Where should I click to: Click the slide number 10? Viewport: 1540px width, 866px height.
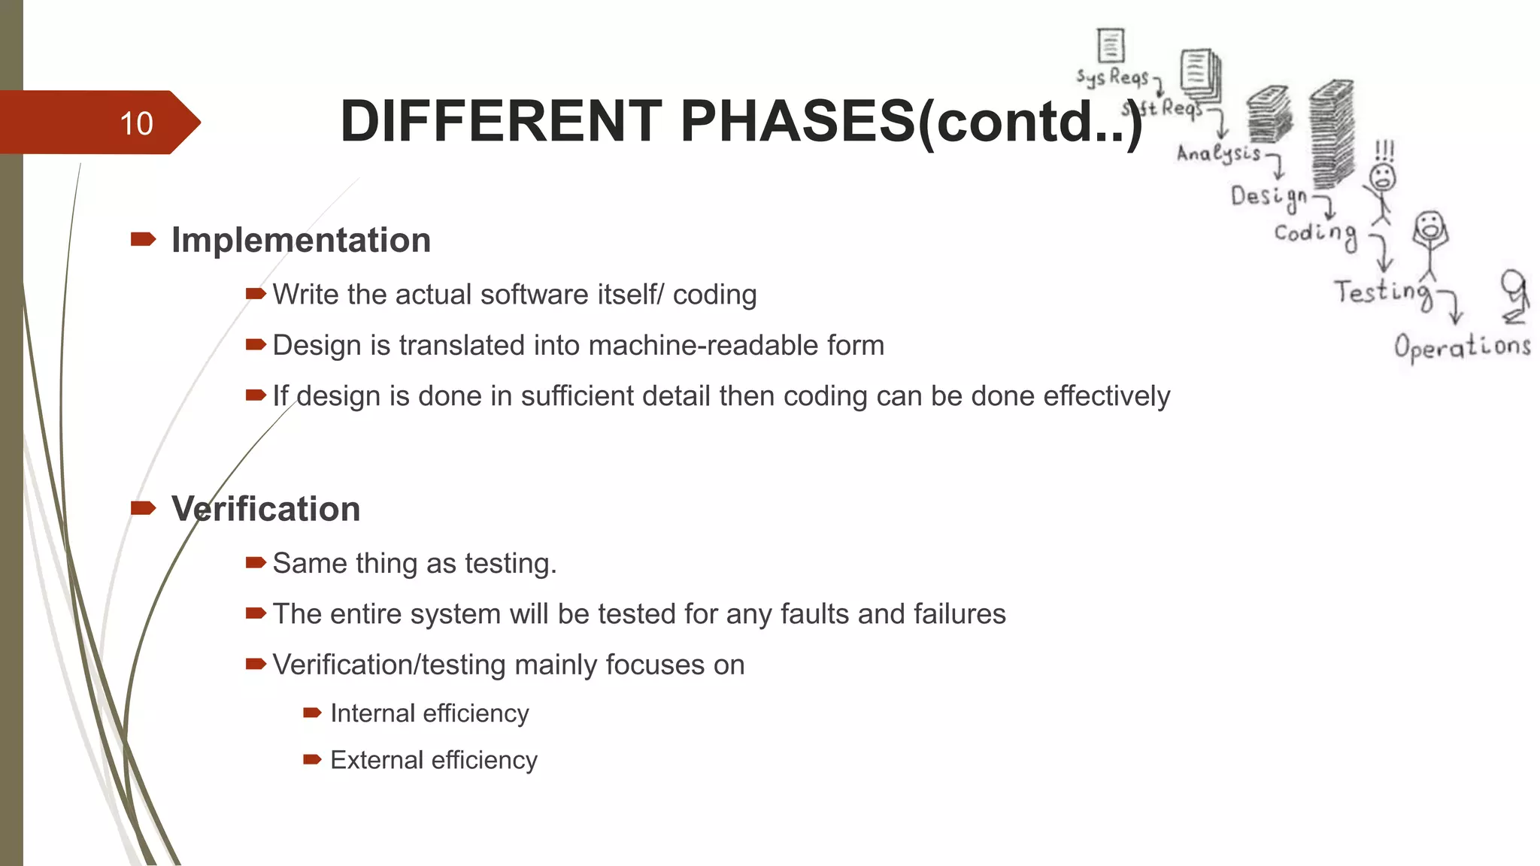tap(136, 123)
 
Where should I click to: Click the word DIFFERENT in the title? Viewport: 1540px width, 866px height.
tap(501, 122)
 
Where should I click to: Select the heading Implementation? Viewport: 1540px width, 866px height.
tap(301, 241)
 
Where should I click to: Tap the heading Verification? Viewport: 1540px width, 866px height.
tap(265, 509)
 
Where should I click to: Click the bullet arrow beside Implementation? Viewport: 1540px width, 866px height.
tap(143, 240)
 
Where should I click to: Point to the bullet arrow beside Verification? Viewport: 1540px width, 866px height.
tap(143, 509)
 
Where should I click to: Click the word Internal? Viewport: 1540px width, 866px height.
tap(371, 713)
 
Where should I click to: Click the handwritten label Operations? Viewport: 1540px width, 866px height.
tap(1462, 347)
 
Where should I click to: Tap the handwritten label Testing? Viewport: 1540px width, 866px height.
tap(1382, 292)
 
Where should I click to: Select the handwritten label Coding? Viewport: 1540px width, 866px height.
tap(1315, 234)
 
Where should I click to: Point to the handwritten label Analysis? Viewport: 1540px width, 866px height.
tap(1218, 153)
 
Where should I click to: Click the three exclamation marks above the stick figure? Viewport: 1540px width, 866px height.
tap(1384, 150)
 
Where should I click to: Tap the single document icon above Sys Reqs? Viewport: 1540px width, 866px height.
tap(1111, 45)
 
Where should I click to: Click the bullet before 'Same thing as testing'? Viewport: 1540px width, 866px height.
tap(256, 563)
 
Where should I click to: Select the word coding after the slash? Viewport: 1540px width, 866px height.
tap(714, 295)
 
